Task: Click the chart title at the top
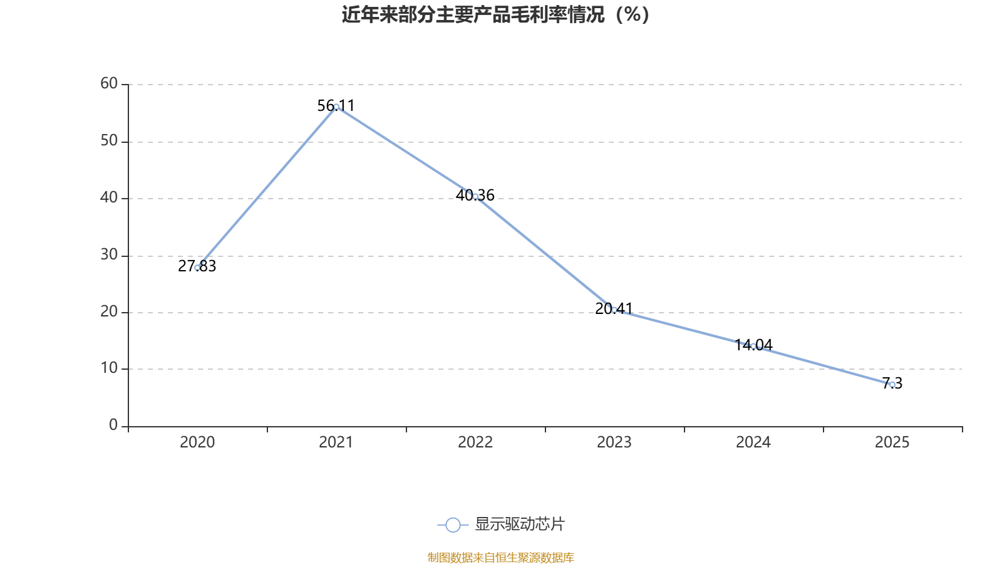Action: pos(495,15)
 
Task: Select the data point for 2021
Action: pos(336,107)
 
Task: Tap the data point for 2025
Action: pos(892,385)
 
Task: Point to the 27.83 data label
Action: pos(197,266)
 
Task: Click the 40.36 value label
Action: pos(475,195)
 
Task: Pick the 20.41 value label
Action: pos(614,308)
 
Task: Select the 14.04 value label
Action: pos(753,345)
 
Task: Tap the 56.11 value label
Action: pos(336,106)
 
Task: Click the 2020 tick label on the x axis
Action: pos(197,442)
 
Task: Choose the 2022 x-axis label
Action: pos(475,442)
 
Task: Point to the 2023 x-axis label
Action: pos(614,442)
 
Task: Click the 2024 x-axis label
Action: pos(753,442)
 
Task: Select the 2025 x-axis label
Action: pos(892,442)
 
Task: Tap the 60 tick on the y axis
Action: pos(109,83)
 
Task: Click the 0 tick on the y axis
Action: pos(113,425)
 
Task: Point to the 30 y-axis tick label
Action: pos(109,254)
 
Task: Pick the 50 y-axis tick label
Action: pos(109,141)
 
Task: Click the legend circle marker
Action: pos(453,525)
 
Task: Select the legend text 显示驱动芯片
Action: pos(520,524)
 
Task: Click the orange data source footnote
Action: pos(500,557)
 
